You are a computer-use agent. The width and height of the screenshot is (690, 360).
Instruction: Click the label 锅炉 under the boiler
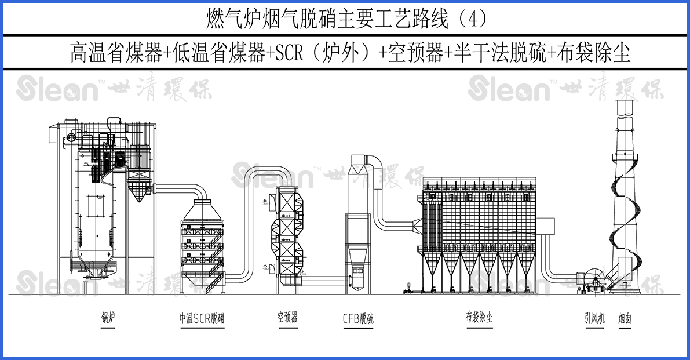[108, 318]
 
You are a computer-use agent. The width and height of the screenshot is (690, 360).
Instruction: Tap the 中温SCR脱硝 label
[202, 318]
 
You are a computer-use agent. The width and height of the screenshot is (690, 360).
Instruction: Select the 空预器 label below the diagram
[287, 318]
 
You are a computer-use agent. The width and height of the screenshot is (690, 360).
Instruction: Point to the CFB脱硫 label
[357, 318]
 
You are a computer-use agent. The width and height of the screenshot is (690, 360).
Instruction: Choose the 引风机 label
[594, 318]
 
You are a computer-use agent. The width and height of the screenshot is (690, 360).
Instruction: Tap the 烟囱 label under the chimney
[625, 318]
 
